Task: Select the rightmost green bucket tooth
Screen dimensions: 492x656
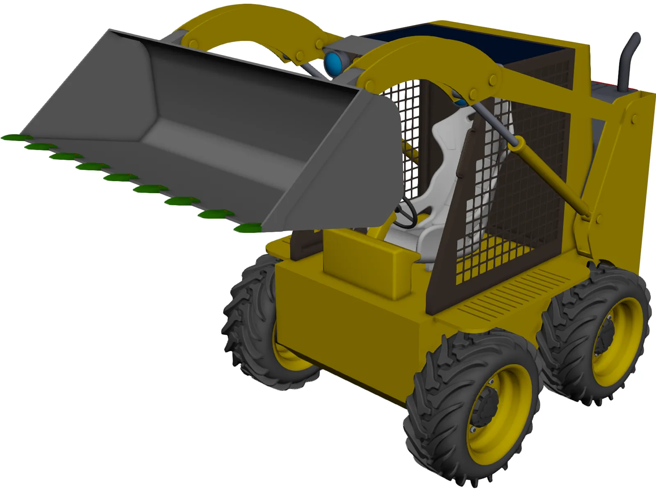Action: click(x=248, y=228)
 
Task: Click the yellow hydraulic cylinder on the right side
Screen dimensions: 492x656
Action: click(x=553, y=176)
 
